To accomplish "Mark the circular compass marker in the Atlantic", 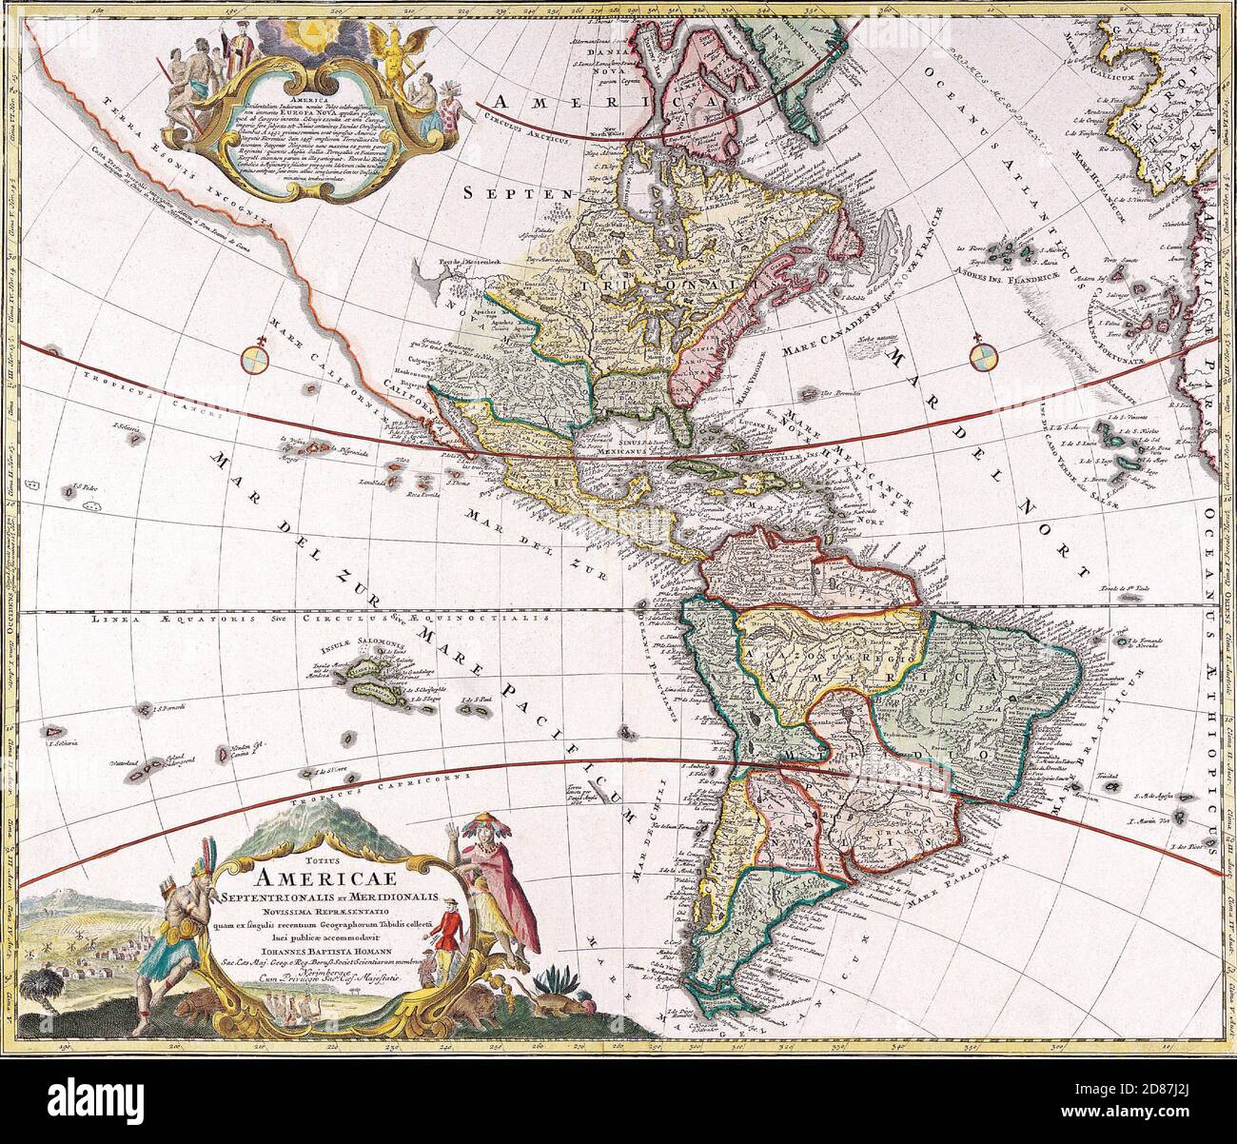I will point(982,359).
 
